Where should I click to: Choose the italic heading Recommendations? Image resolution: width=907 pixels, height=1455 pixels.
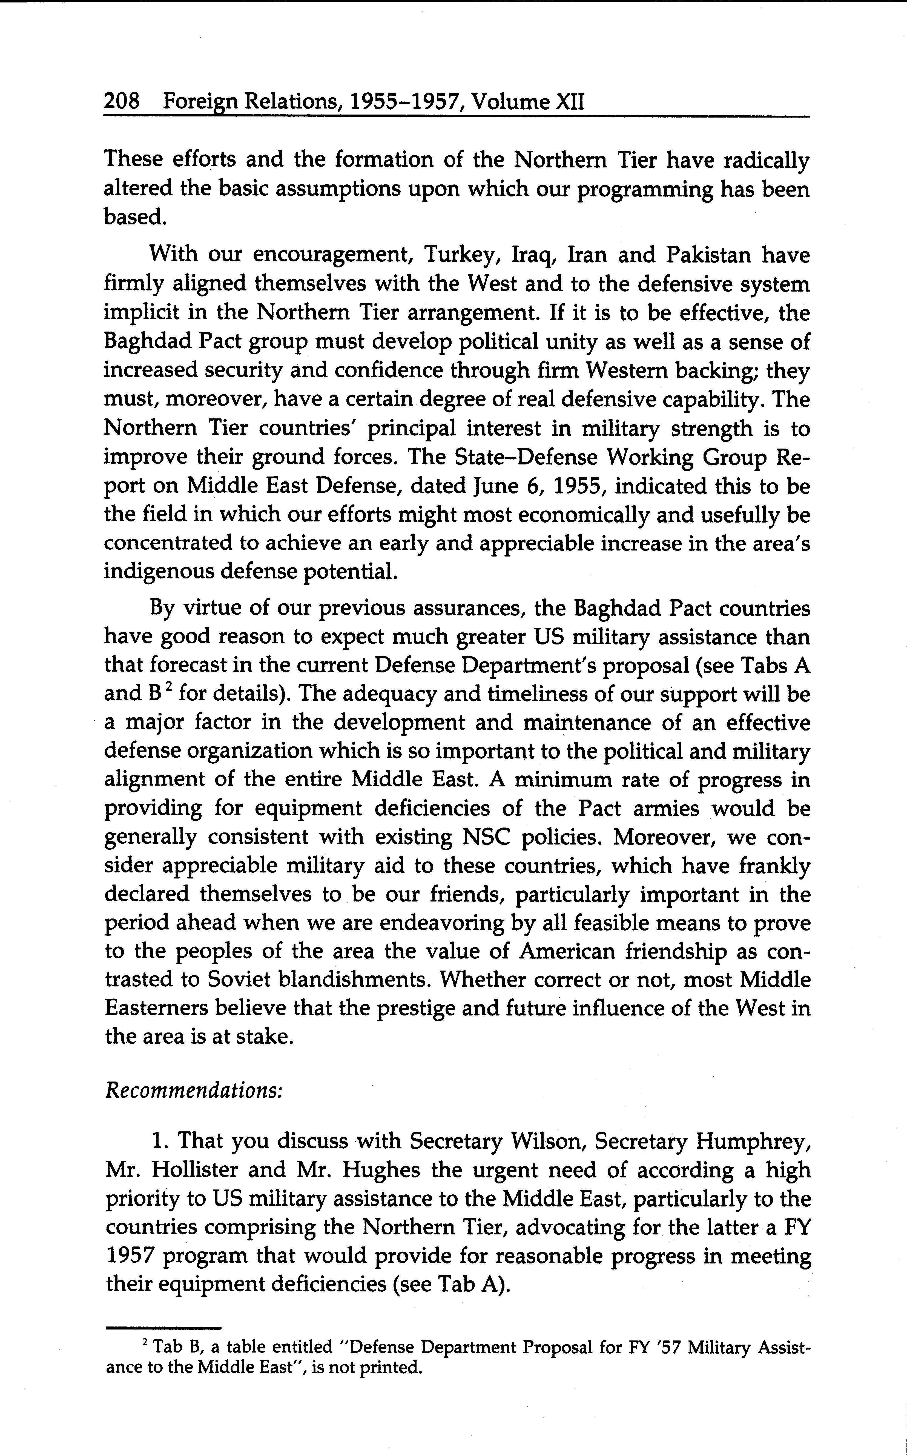[x=193, y=1089]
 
